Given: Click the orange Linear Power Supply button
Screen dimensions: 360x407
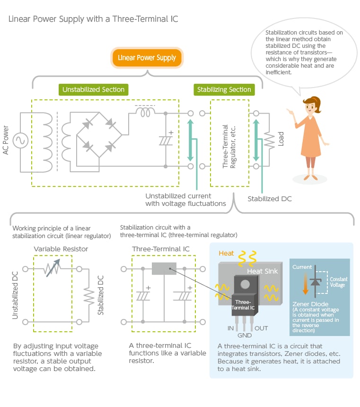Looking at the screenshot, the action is click(147, 58).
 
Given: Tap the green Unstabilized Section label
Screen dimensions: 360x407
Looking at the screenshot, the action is click(93, 89).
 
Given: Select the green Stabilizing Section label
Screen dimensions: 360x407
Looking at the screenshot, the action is click(224, 89).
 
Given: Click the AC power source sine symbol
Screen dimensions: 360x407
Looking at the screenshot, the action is click(20, 141).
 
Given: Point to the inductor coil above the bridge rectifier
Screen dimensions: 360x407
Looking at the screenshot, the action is click(145, 112).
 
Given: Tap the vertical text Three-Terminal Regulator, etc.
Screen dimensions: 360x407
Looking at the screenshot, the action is click(229, 147).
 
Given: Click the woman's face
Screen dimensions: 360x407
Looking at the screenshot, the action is click(310, 106).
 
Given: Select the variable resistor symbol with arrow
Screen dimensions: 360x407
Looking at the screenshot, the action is click(53, 268).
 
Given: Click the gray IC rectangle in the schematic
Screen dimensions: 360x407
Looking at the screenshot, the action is click(164, 269).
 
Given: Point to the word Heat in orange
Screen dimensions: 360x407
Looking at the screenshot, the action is click(226, 253).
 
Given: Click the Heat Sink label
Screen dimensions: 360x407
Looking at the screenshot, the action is click(262, 271).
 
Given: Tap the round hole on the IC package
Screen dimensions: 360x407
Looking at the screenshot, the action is click(245, 284).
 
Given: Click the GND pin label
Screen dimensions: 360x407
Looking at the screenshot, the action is click(245, 336).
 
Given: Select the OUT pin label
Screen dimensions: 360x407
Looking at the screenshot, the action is click(261, 328).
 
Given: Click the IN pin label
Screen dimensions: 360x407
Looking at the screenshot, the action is click(230, 328).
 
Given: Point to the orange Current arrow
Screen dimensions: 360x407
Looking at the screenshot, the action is click(306, 283).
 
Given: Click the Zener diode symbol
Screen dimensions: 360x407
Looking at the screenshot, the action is click(316, 282).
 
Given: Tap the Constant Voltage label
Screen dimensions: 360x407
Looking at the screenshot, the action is click(338, 282).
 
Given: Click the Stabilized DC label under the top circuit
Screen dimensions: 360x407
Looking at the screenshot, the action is click(270, 199).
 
